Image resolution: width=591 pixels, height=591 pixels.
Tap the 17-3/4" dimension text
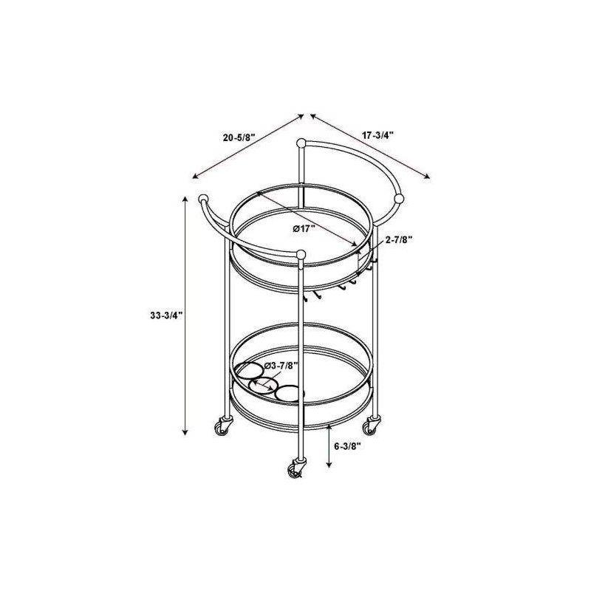point(378,134)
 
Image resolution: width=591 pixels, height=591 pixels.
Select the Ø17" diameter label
point(304,228)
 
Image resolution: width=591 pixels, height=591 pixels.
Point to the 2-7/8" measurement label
point(398,239)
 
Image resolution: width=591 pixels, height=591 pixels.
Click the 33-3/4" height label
point(165,315)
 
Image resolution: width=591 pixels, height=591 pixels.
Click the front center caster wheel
point(297,470)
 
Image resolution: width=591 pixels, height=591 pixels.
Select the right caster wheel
point(371,426)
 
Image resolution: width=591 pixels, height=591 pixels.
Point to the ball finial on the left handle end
point(203,199)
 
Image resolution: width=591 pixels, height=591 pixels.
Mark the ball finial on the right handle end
point(400,198)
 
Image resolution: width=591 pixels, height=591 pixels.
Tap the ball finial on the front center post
point(301,255)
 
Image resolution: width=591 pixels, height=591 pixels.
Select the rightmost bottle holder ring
point(289,394)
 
